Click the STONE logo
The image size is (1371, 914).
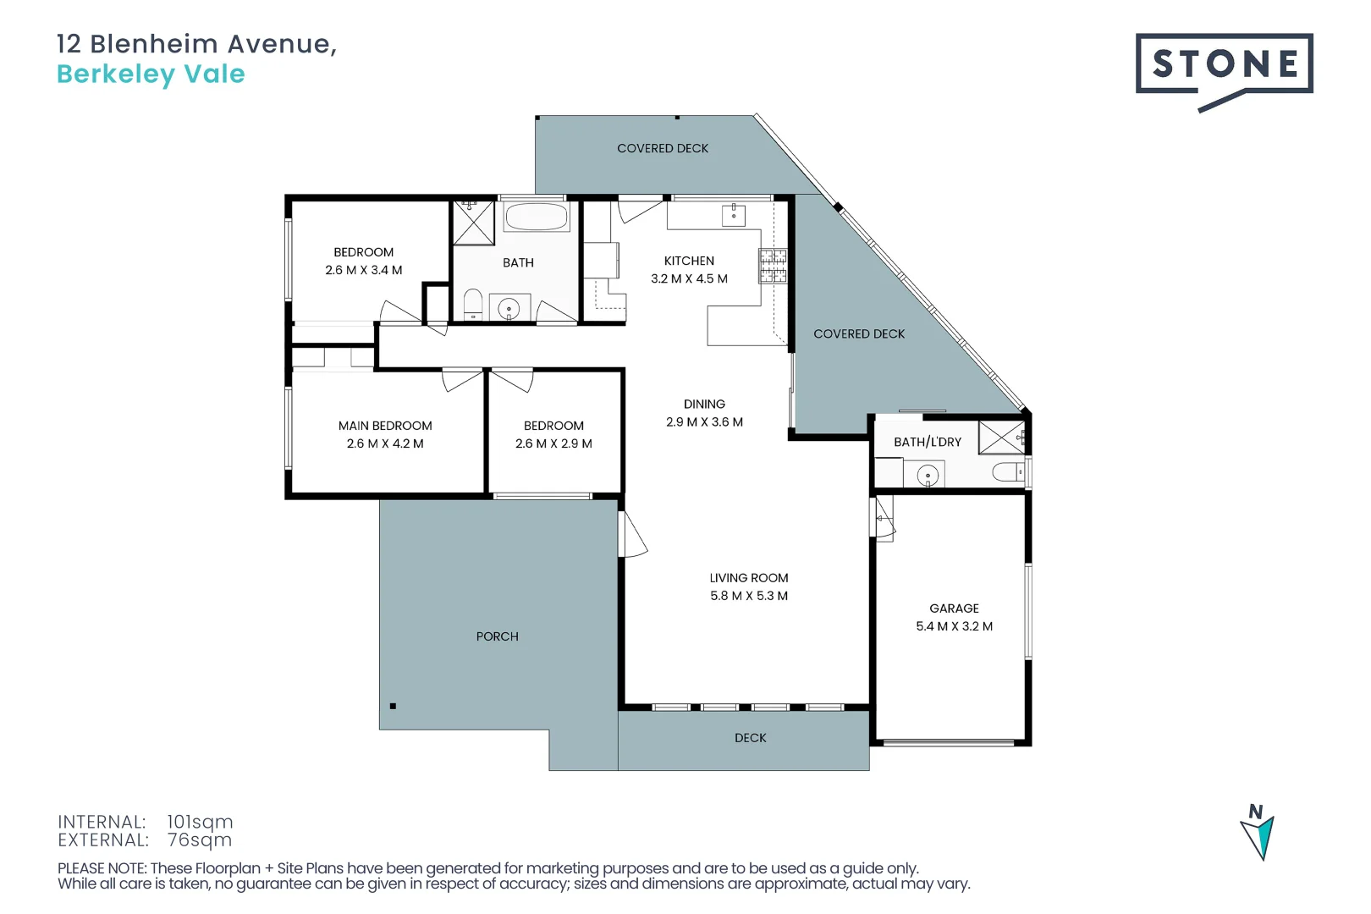pyautogui.click(x=1224, y=64)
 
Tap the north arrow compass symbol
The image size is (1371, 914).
pyautogui.click(x=1258, y=833)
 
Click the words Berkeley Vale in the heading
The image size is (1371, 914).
pyautogui.click(x=151, y=74)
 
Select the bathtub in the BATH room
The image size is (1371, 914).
pyautogui.click(x=536, y=217)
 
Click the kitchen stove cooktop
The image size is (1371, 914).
pyautogui.click(x=773, y=266)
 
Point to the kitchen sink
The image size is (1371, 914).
pyautogui.click(x=733, y=215)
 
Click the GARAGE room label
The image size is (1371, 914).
pyautogui.click(x=954, y=608)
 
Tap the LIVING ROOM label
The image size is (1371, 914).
pyautogui.click(x=749, y=578)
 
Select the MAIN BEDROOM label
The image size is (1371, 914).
pyautogui.click(x=385, y=426)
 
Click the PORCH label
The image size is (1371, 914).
pyautogui.click(x=497, y=636)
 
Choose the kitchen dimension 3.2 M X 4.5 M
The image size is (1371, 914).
pyautogui.click(x=689, y=278)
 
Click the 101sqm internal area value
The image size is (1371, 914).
pyautogui.click(x=200, y=822)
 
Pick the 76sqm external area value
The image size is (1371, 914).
pyautogui.click(x=200, y=840)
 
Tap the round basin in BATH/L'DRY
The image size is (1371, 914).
pyautogui.click(x=928, y=476)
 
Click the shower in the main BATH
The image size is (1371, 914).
pyautogui.click(x=473, y=223)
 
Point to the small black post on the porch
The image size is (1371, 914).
pyautogui.click(x=393, y=706)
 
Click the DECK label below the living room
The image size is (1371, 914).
pyautogui.click(x=750, y=738)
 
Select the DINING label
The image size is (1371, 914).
pyautogui.click(x=704, y=405)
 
